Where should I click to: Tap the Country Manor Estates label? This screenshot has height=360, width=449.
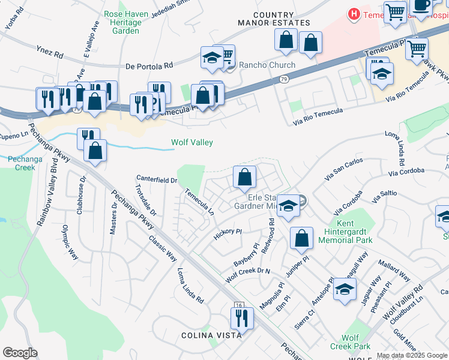282,19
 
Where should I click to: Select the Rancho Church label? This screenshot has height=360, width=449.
267,65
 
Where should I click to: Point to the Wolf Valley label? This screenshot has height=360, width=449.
192,143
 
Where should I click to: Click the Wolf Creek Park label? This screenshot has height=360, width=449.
350,343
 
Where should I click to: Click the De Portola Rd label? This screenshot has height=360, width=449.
149,65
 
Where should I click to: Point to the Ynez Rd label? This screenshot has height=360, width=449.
50,54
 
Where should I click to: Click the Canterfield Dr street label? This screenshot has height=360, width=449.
157,179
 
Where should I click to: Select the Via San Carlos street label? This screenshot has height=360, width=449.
344,169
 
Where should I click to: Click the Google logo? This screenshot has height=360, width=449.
20,353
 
